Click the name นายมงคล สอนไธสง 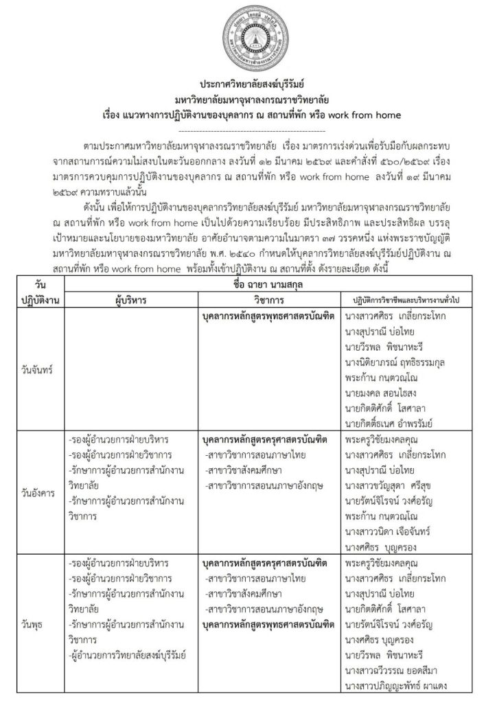click(x=386, y=393)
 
